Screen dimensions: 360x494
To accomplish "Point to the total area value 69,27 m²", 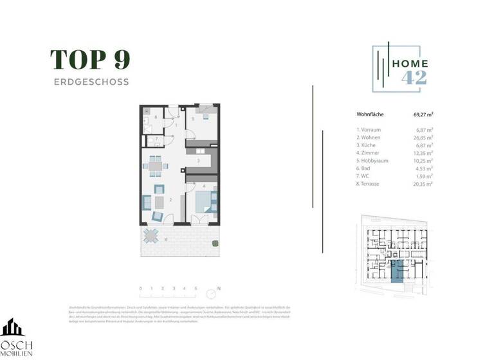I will (423, 115).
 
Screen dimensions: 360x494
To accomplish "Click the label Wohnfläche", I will (370, 115).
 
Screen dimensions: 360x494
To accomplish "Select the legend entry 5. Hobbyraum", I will (373, 161).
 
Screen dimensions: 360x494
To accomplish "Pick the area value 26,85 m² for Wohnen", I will (423, 138).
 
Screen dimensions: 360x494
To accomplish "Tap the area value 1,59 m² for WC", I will (424, 176).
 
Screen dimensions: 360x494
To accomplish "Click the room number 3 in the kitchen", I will (199, 161).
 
